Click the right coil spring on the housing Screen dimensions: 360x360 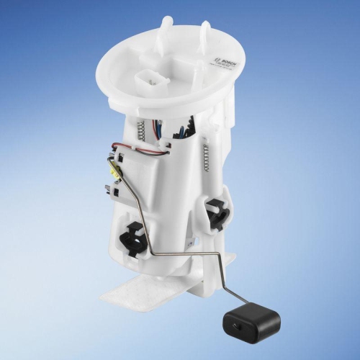click(x=207, y=158)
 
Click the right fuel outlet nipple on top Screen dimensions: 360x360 click(x=206, y=30)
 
